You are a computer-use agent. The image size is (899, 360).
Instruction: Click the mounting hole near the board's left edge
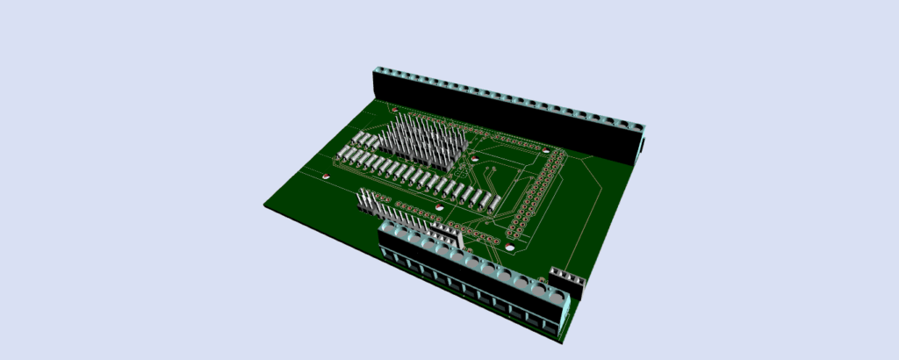pyautogui.click(x=327, y=176)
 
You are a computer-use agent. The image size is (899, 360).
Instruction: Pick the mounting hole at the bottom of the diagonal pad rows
pyautogui.click(x=509, y=249)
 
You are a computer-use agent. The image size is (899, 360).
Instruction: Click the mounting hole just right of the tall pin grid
pyautogui.click(x=473, y=159)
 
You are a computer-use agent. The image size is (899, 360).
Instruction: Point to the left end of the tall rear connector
pyautogui.click(x=383, y=83)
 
